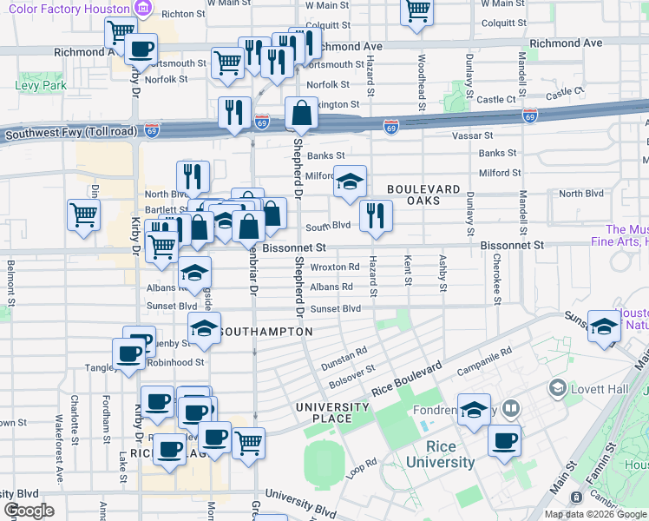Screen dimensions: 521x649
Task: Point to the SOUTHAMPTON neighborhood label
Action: click(x=265, y=332)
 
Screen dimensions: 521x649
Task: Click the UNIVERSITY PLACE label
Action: click(x=332, y=413)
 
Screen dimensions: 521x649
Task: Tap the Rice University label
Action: click(x=450, y=455)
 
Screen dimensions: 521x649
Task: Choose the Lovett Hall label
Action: click(x=600, y=389)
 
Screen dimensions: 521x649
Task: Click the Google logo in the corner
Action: click(x=29, y=511)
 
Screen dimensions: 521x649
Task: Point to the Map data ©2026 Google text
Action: click(x=594, y=514)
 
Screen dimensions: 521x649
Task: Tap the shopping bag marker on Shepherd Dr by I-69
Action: click(x=300, y=114)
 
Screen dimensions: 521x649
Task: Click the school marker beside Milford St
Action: click(x=350, y=182)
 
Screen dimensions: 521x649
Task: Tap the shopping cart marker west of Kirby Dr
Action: click(x=83, y=214)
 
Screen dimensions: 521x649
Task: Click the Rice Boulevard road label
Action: click(x=406, y=381)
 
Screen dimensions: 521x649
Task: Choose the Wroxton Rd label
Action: click(x=335, y=267)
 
